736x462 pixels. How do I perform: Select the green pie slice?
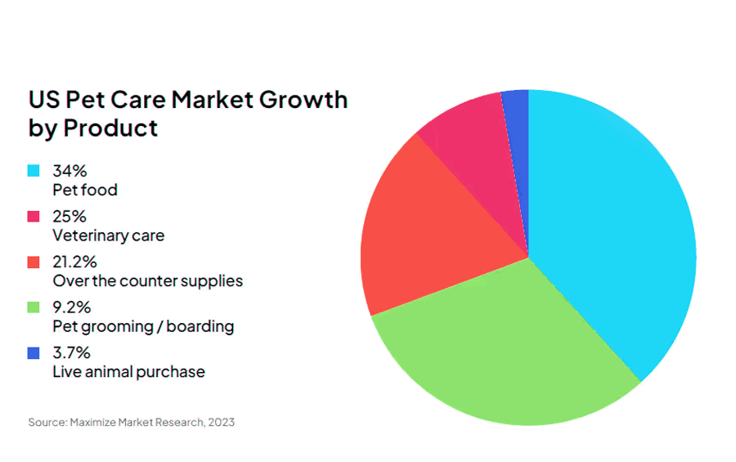click(507, 348)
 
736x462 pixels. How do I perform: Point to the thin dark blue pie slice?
click(518, 141)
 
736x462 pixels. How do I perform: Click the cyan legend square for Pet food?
click(34, 170)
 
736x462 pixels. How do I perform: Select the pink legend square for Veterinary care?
click(34, 216)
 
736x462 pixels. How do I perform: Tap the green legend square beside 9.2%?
click(34, 307)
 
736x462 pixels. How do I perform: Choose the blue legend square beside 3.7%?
click(34, 352)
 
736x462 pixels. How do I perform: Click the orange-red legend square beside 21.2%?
click(34, 262)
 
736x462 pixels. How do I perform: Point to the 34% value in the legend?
click(70, 171)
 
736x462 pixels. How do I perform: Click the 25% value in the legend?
click(70, 217)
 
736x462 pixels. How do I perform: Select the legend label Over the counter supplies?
click(148, 281)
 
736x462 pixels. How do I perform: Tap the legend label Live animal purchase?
click(128, 372)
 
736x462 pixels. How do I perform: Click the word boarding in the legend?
click(200, 326)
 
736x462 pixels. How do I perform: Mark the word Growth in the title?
click(303, 100)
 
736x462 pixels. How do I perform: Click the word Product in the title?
click(110, 128)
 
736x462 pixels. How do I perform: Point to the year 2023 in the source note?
click(221, 422)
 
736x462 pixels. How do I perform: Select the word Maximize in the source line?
click(93, 422)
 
